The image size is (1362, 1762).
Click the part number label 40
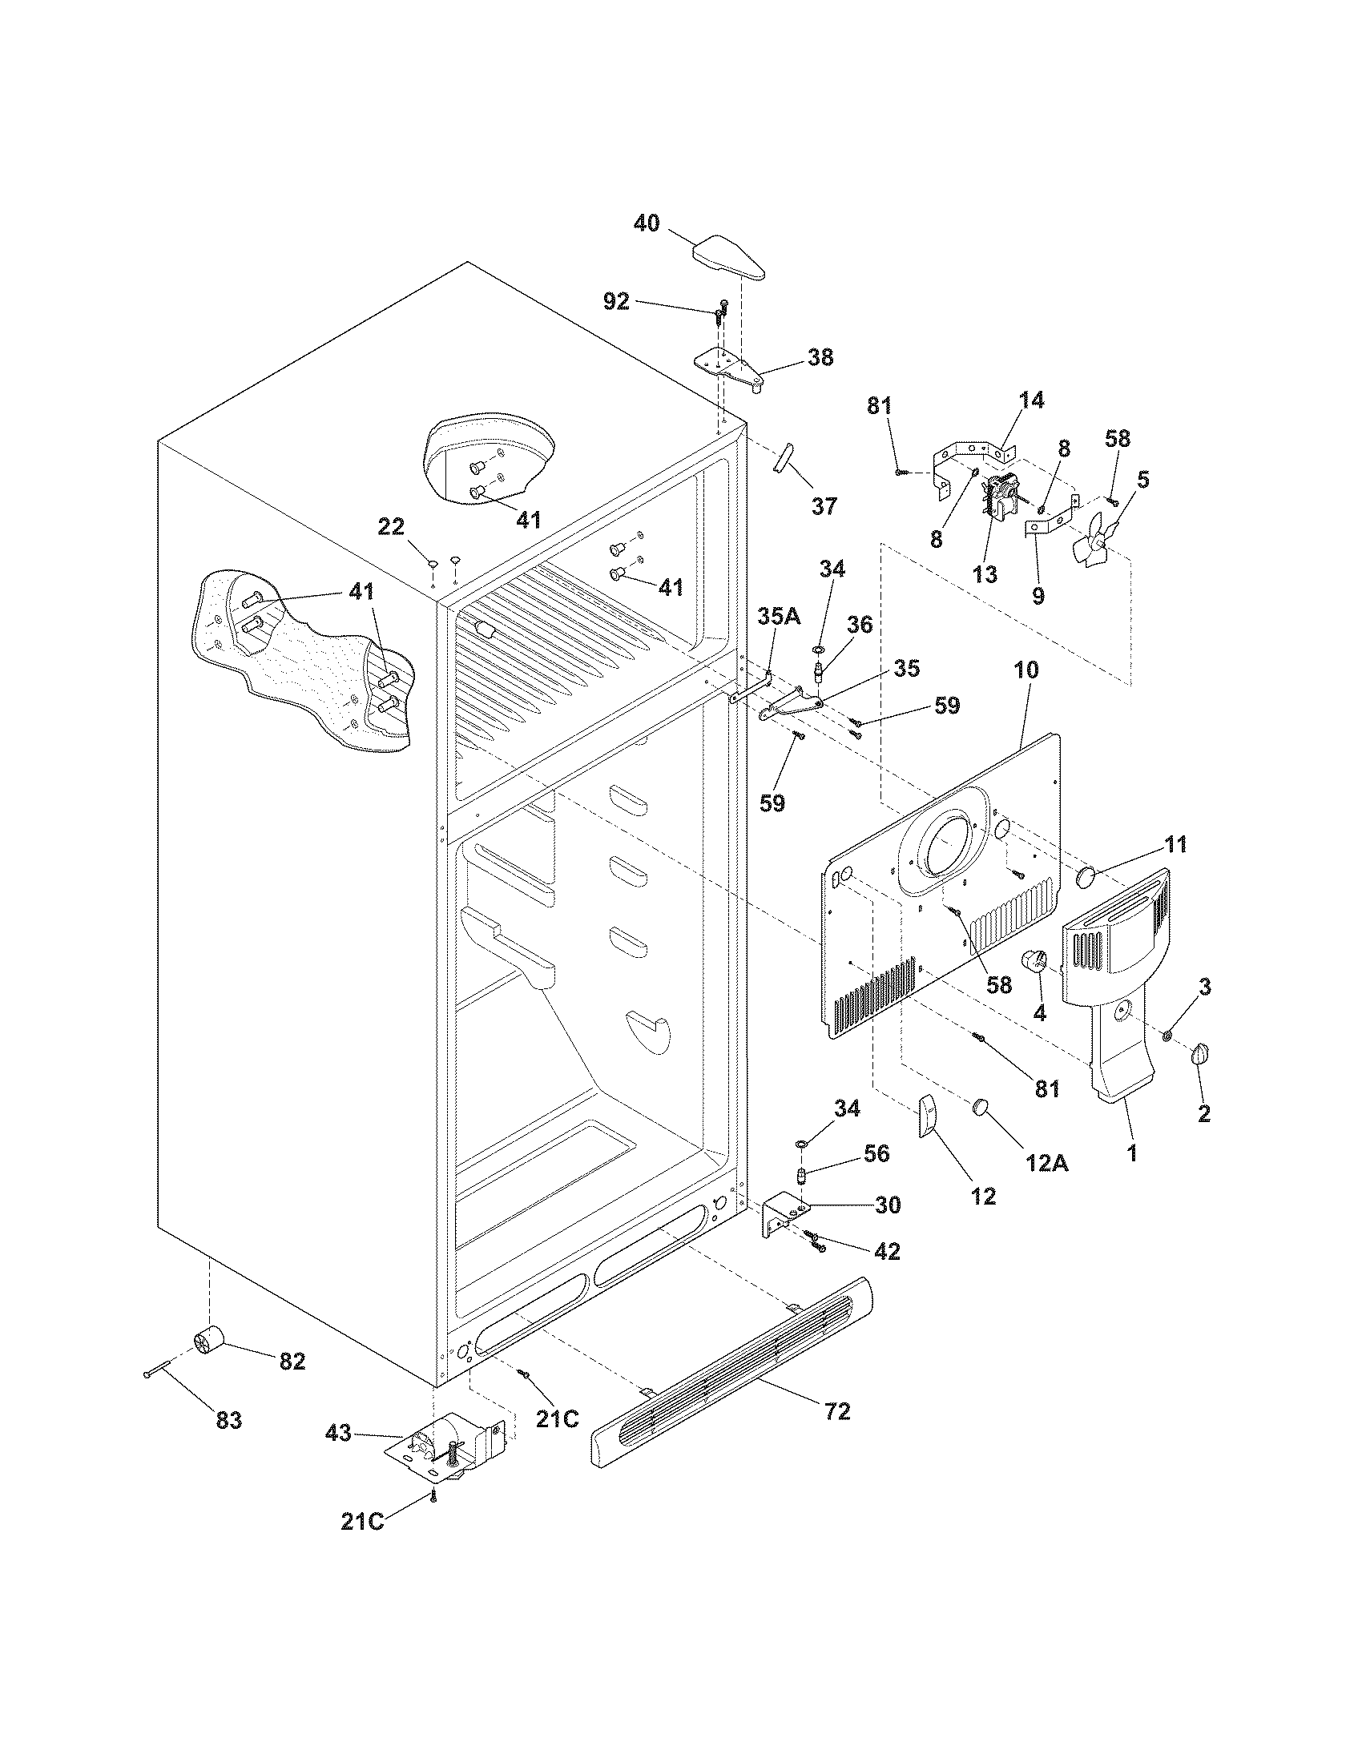point(646,223)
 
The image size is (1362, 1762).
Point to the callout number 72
point(837,1411)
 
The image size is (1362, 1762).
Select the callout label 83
point(229,1420)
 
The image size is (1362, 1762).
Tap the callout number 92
point(616,301)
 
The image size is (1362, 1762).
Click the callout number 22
point(391,526)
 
